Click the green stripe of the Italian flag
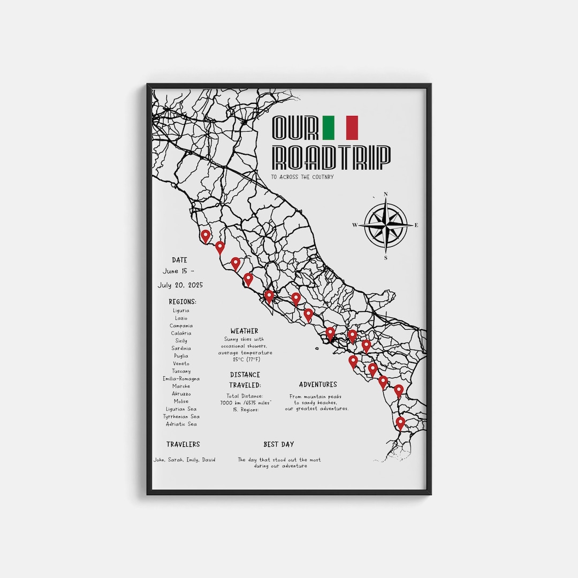point(328,127)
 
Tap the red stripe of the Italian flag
point(352,127)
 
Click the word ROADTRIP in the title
point(331,156)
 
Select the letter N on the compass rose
point(386,194)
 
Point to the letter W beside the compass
point(354,225)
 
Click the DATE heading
point(180,260)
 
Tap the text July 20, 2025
point(180,285)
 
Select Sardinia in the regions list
point(181,348)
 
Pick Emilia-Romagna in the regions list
point(181,378)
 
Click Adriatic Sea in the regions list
point(181,424)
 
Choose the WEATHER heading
point(245,331)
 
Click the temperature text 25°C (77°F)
point(245,360)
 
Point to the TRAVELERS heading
point(183,444)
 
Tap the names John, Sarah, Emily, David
point(184,460)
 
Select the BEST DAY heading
point(279,444)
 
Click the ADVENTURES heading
point(318,384)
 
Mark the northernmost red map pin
point(205,235)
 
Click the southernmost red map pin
point(400,423)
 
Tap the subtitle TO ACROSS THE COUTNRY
point(302,177)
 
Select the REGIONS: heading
point(182,302)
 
